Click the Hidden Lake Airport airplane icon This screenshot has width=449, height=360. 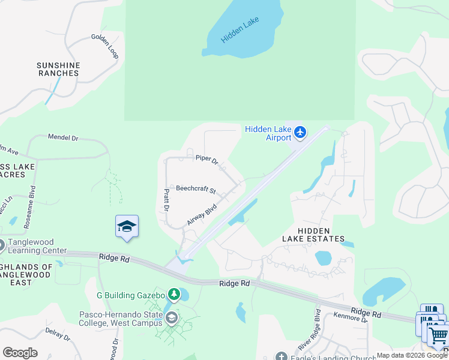click(x=300, y=132)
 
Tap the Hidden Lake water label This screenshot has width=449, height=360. click(x=240, y=30)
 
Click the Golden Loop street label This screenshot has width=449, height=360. click(x=104, y=46)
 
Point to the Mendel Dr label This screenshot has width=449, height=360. click(x=63, y=137)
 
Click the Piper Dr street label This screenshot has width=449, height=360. click(x=206, y=159)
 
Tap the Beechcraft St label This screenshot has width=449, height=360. click(x=196, y=189)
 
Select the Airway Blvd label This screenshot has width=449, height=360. click(x=201, y=214)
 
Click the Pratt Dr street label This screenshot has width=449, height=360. click(x=166, y=200)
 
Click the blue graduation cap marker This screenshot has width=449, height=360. click(x=127, y=226)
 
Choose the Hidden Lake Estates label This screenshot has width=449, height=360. click(x=313, y=235)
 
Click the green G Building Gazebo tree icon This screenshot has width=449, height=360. click(x=174, y=294)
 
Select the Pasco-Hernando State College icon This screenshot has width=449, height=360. click(x=172, y=317)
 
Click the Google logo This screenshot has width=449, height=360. click(x=20, y=352)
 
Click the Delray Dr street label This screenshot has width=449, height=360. click(x=58, y=335)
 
